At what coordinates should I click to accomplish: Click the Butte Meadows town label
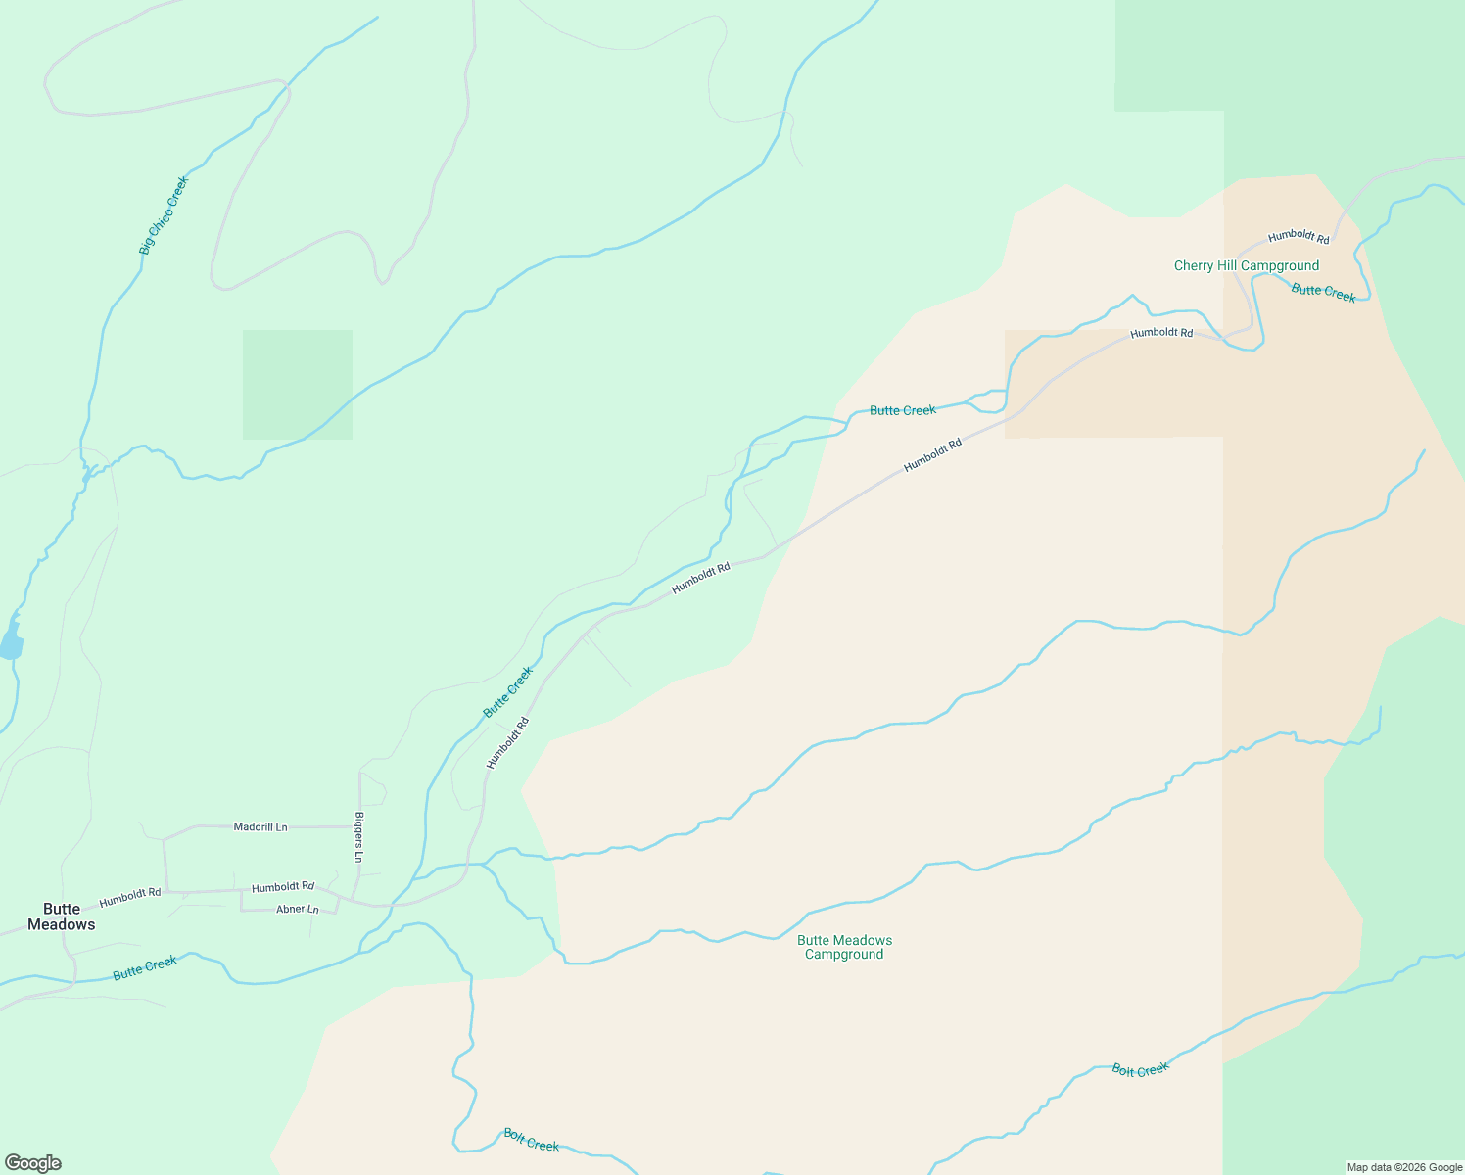[x=62, y=916]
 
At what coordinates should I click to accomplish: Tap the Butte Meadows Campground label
[x=844, y=947]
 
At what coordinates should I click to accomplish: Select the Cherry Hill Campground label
[x=1246, y=266]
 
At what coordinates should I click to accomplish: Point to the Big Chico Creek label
[x=163, y=215]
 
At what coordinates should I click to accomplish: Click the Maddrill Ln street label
[x=260, y=827]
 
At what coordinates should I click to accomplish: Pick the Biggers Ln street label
[x=359, y=837]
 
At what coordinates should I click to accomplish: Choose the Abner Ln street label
[x=298, y=910]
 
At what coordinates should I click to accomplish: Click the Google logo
[x=33, y=1163]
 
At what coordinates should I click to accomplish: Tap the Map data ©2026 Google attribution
[x=1404, y=1167]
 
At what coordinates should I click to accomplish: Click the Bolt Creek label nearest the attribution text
[x=1140, y=1070]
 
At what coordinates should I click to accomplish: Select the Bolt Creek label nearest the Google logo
[x=531, y=1140]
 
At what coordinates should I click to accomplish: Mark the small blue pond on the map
[x=11, y=644]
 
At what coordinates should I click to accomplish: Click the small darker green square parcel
[x=298, y=385]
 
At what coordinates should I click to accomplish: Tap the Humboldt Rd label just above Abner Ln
[x=283, y=888]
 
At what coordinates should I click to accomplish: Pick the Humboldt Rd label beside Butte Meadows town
[x=130, y=895]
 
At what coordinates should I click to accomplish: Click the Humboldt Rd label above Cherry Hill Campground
[x=1299, y=237]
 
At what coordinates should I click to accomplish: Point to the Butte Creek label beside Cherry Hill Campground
[x=1323, y=292]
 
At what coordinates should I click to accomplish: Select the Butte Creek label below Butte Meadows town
[x=145, y=967]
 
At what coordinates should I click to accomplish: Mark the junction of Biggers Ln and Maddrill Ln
[x=360, y=827]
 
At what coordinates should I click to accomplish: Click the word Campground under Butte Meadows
[x=844, y=955]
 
